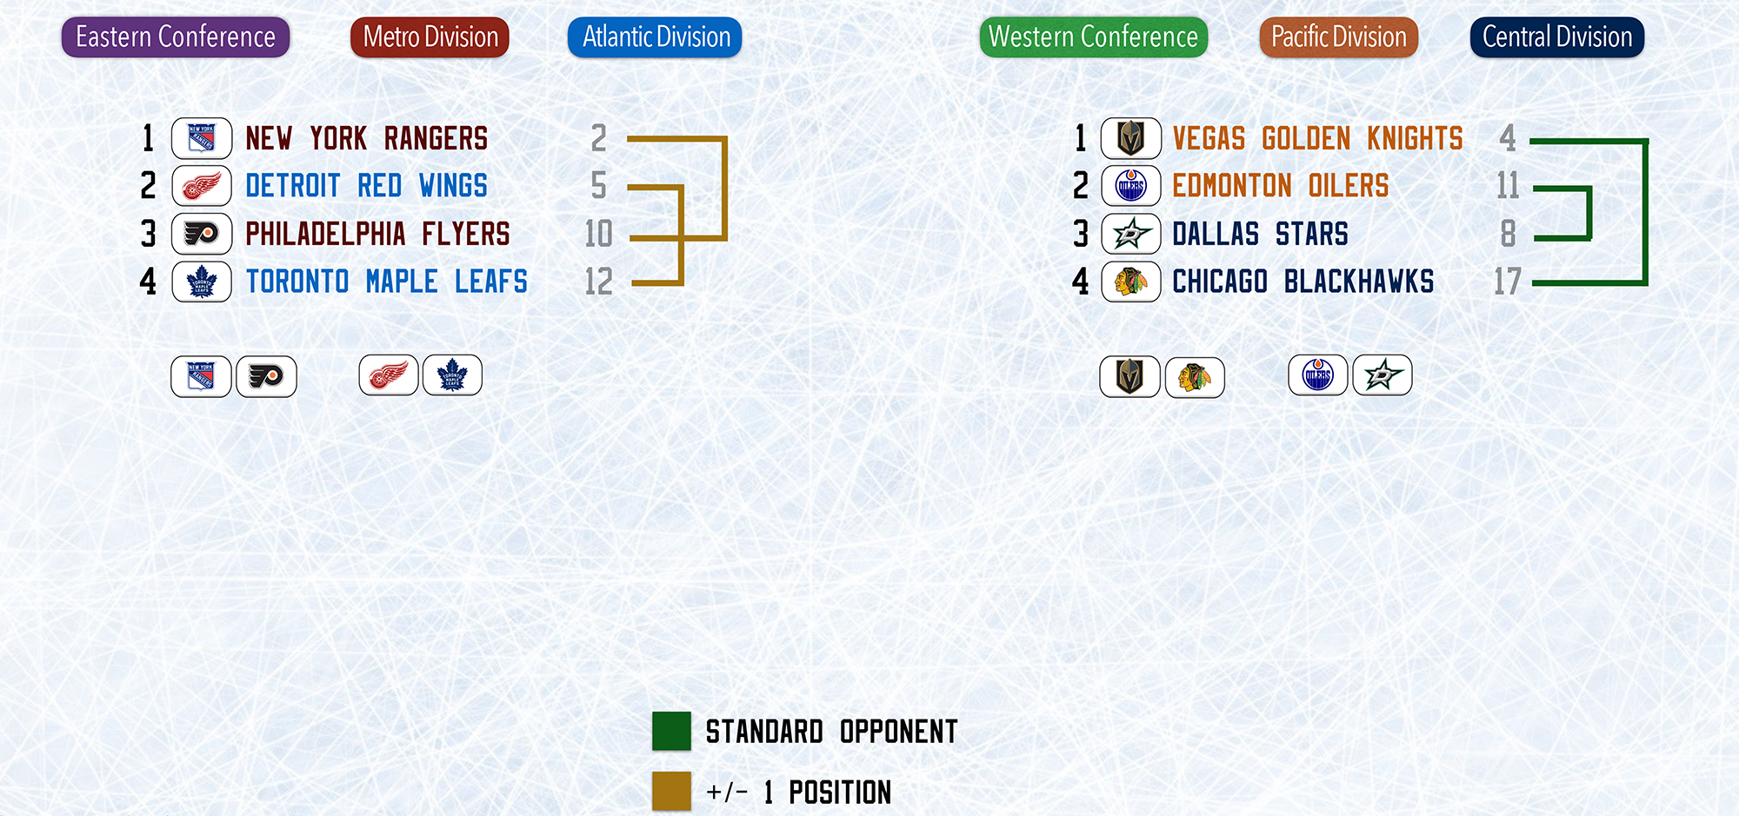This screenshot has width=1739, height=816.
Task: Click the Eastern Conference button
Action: (176, 37)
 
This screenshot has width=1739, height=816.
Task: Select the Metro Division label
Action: (430, 37)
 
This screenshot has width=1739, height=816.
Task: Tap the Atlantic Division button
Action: (655, 37)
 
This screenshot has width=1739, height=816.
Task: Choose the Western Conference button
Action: (1094, 37)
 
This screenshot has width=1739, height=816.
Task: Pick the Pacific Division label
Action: (1339, 37)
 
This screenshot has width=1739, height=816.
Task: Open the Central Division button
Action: (1557, 37)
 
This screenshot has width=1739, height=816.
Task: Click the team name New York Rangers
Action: (366, 138)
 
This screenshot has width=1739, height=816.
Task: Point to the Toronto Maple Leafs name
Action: (387, 282)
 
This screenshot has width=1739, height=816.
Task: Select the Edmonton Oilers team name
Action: (1281, 186)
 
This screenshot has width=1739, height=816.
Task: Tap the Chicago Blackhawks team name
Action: (1303, 282)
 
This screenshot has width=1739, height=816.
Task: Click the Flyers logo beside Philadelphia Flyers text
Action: (202, 234)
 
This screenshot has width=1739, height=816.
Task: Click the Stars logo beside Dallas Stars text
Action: (1131, 234)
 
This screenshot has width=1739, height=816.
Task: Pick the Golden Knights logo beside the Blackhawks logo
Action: (1130, 376)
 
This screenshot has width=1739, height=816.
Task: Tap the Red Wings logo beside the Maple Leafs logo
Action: (389, 375)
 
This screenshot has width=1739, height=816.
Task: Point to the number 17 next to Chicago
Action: (1508, 282)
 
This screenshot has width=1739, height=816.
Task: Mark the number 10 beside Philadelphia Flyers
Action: (599, 234)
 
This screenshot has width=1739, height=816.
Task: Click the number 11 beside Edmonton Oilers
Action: (1508, 186)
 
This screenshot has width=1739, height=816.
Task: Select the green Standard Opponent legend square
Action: (672, 731)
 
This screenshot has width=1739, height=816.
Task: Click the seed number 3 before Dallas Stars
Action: (1081, 234)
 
